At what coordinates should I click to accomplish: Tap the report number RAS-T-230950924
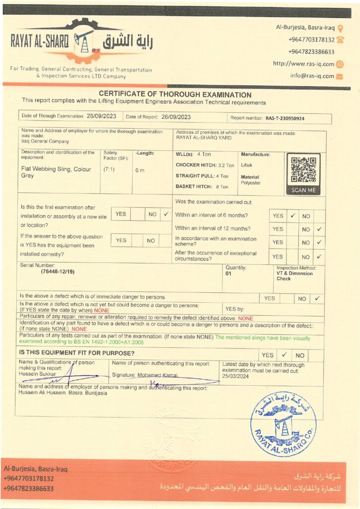coord(285,118)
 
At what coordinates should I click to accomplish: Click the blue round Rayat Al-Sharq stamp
coord(283,424)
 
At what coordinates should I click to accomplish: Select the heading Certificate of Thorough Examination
coord(175,94)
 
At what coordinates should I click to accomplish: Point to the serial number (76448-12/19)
coord(58,271)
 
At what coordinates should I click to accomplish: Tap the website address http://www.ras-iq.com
coord(303,64)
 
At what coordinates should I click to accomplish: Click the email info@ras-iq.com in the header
coord(312,76)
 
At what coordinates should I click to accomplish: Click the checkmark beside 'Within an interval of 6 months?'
coord(293,216)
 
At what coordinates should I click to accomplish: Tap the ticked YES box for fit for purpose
coord(284,355)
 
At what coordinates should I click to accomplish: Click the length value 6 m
coord(140,170)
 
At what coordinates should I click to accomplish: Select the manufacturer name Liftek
coord(247,165)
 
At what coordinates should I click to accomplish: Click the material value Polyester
coord(251,183)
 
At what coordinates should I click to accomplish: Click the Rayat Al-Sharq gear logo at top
coord(83,41)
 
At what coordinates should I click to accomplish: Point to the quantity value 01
coord(229,273)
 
